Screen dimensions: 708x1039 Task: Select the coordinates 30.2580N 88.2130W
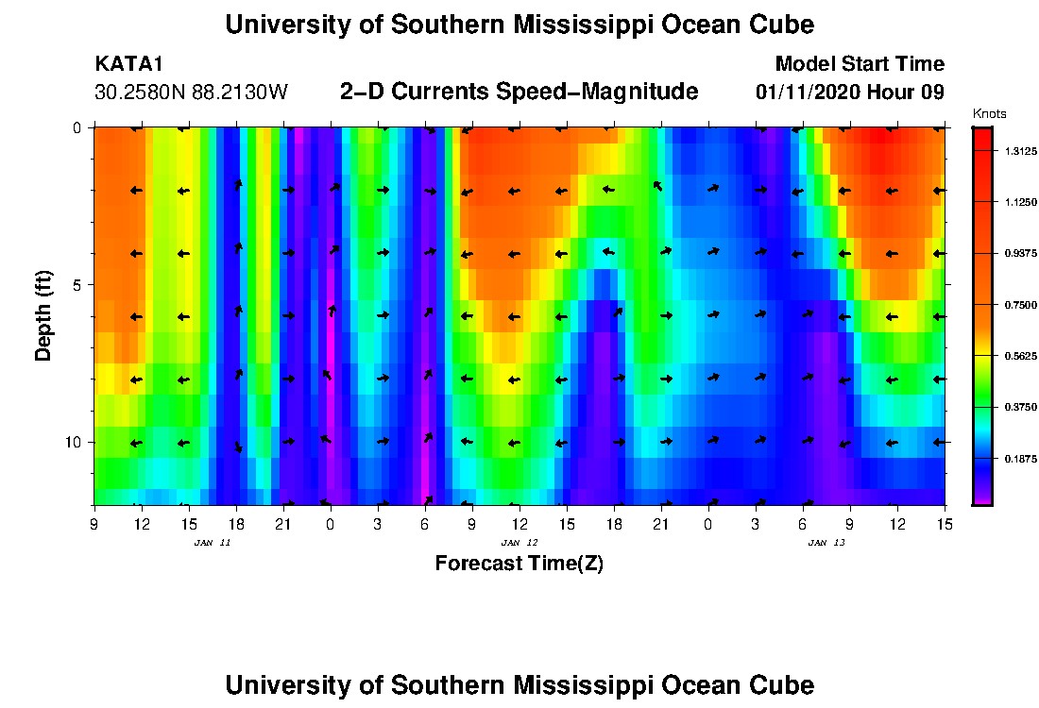[191, 93]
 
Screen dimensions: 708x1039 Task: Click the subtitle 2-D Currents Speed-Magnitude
[519, 92]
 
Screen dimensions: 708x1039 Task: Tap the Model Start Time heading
[859, 64]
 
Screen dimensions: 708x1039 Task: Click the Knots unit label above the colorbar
[990, 113]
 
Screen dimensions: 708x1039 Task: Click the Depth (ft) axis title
[43, 315]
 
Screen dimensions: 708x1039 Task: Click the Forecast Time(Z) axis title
[519, 565]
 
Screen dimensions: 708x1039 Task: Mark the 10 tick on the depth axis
[77, 442]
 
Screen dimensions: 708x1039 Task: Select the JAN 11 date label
[213, 543]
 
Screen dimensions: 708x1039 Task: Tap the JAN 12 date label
[519, 543]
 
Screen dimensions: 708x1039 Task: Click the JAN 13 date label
[826, 543]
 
